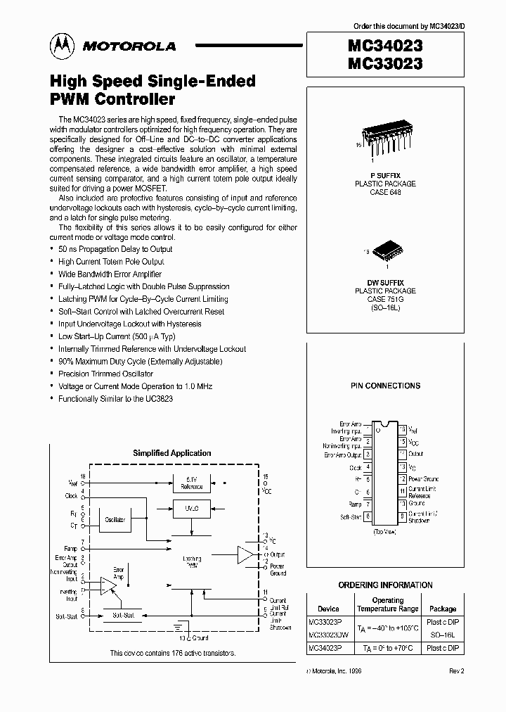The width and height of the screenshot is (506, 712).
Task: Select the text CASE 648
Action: click(x=385, y=192)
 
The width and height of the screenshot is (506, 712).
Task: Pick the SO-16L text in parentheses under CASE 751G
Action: click(x=385, y=307)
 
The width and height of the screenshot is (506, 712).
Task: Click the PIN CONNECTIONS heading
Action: click(x=385, y=386)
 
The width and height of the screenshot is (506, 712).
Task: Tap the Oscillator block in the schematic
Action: click(x=115, y=519)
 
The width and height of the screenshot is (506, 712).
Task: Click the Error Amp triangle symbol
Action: click(x=109, y=583)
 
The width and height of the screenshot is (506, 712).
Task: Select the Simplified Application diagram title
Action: click(x=171, y=453)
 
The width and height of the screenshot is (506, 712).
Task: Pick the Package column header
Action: click(x=443, y=609)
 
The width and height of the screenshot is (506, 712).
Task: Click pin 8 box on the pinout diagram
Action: click(x=368, y=517)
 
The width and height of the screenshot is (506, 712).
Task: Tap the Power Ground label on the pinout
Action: click(x=422, y=478)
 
